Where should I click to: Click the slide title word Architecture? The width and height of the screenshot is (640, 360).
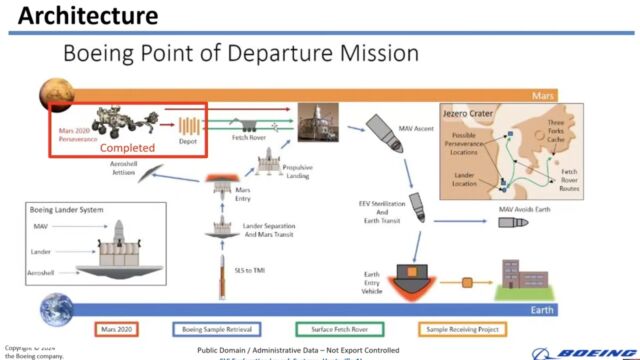(88, 15)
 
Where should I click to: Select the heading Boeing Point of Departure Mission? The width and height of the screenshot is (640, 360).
(241, 52)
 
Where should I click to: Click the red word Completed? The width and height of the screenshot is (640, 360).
(127, 147)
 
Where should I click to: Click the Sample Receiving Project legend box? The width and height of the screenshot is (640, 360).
(461, 327)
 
